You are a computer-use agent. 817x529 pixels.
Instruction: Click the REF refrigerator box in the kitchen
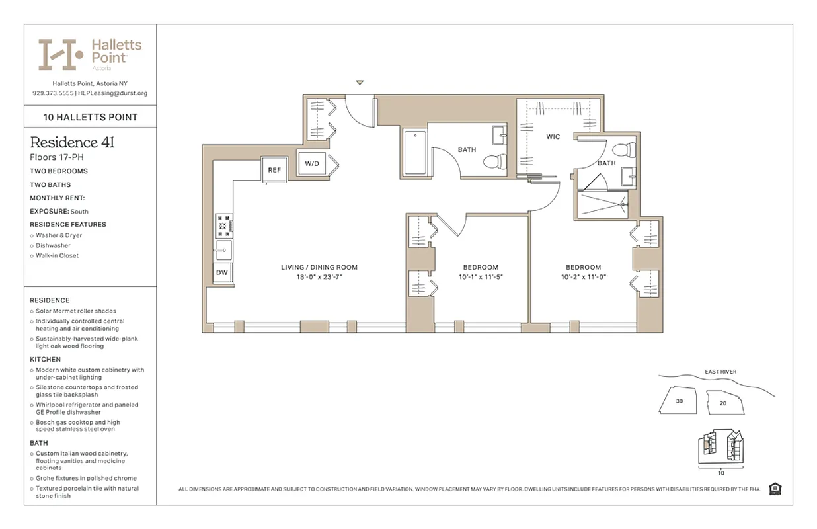click(274, 170)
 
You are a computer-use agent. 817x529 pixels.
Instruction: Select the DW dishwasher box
click(222, 272)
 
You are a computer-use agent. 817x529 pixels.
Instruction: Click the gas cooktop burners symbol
click(223, 225)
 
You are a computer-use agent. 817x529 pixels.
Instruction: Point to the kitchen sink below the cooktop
click(223, 250)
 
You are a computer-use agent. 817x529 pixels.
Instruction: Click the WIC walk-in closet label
click(553, 137)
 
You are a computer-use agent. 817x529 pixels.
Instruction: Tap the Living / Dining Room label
click(319, 268)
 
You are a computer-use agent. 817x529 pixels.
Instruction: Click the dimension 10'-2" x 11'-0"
click(583, 277)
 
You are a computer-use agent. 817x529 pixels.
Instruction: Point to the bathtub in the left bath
click(414, 153)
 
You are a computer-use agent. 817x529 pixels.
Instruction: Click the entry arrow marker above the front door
click(360, 83)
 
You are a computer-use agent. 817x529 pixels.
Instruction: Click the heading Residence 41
click(72, 142)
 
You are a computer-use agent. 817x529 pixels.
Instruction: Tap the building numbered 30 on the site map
click(680, 401)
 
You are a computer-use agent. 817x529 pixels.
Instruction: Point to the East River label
click(720, 372)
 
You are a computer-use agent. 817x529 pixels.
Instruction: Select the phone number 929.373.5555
click(53, 93)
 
